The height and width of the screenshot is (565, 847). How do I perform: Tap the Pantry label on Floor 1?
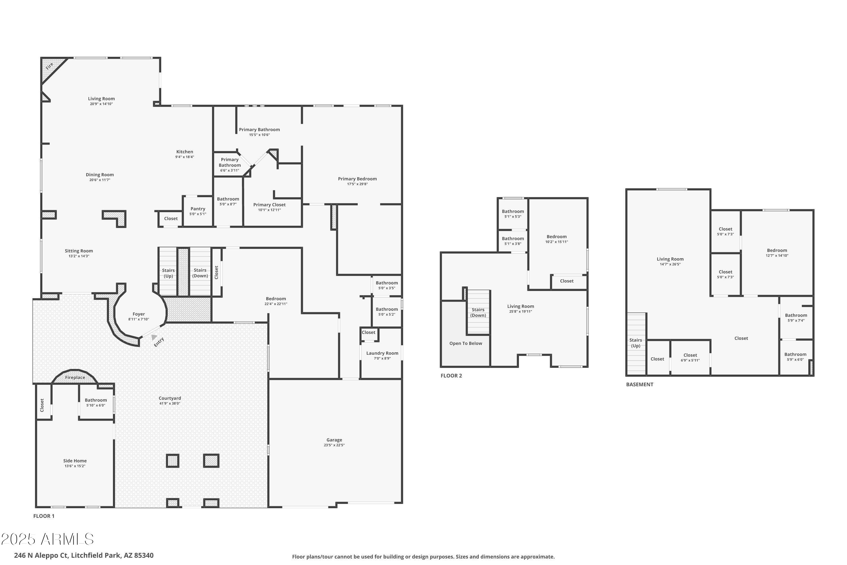point(198,209)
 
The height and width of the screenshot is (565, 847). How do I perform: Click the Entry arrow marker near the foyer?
point(154,337)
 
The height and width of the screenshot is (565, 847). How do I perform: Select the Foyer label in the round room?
point(139,314)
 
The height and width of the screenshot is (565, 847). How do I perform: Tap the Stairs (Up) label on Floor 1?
point(168,273)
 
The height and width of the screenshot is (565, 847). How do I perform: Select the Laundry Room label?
point(382,353)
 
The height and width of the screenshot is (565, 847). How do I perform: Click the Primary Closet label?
point(269,205)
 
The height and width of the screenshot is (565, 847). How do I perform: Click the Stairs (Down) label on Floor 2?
point(478,312)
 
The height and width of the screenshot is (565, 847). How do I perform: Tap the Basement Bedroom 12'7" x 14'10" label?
point(777,250)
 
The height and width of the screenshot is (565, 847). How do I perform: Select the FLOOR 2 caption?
point(451,376)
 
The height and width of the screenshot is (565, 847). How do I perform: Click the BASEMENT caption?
point(639,384)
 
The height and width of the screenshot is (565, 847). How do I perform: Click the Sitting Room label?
point(79,251)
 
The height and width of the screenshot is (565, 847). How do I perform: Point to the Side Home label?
point(75,461)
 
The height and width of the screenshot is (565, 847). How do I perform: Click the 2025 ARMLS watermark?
point(47,539)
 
